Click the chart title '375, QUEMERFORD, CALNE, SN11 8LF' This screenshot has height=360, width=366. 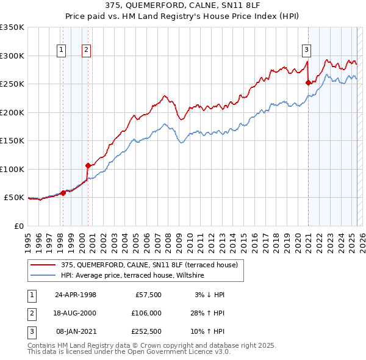coord(183,4)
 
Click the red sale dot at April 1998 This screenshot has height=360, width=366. coord(63,193)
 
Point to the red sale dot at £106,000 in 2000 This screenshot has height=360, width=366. coord(88,165)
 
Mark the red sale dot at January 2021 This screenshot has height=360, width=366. coord(309,82)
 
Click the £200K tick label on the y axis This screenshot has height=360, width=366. coord(12,112)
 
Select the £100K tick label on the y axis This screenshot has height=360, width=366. coord(12,169)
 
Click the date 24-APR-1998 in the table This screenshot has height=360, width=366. coord(75,295)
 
